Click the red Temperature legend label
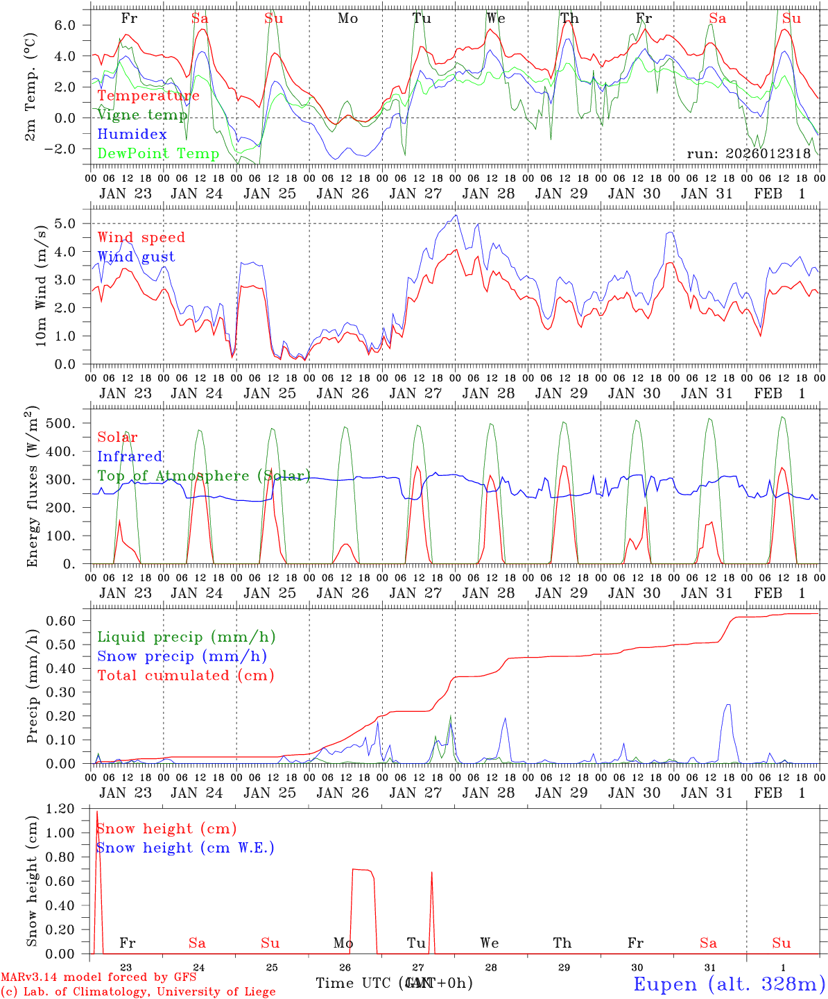(x=148, y=96)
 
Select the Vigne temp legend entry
(x=142, y=115)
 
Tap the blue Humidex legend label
(x=132, y=135)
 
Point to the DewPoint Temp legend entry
(x=158, y=154)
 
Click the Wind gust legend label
(x=136, y=257)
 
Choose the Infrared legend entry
(x=130, y=456)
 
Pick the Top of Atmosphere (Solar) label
(x=203, y=476)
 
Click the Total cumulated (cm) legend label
(x=185, y=676)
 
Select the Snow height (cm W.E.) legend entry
(x=184, y=848)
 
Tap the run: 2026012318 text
(x=748, y=154)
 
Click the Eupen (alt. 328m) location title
(x=729, y=984)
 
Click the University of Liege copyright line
(x=139, y=992)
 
